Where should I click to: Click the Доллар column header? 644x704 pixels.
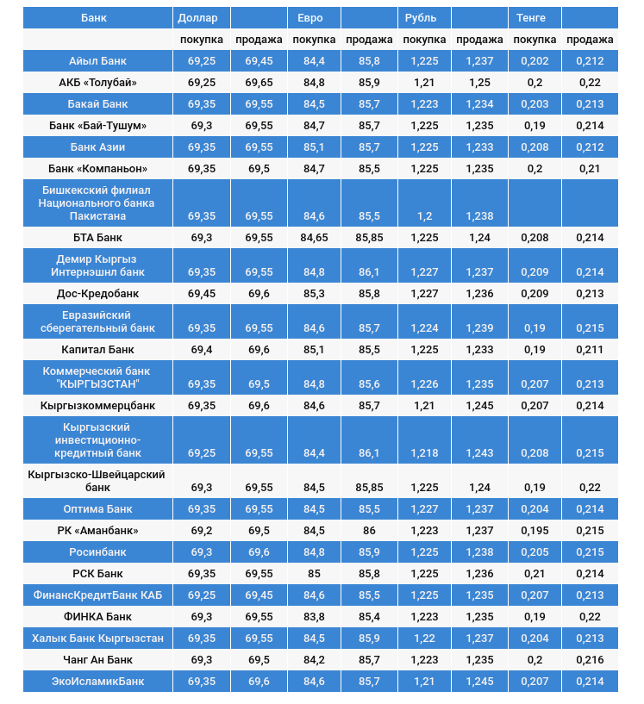(197, 17)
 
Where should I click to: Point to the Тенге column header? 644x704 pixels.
(530, 17)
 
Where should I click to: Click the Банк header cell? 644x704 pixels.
(94, 17)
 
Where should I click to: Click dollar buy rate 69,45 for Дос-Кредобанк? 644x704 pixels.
(202, 293)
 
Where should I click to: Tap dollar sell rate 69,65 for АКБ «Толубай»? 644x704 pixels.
(259, 83)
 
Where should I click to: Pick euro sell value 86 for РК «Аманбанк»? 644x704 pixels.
(369, 530)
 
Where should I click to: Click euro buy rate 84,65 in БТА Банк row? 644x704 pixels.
(314, 237)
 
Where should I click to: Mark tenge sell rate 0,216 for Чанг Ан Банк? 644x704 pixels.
(591, 659)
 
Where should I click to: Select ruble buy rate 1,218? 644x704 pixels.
(424, 452)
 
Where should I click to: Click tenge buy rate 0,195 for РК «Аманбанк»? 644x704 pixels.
(535, 530)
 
